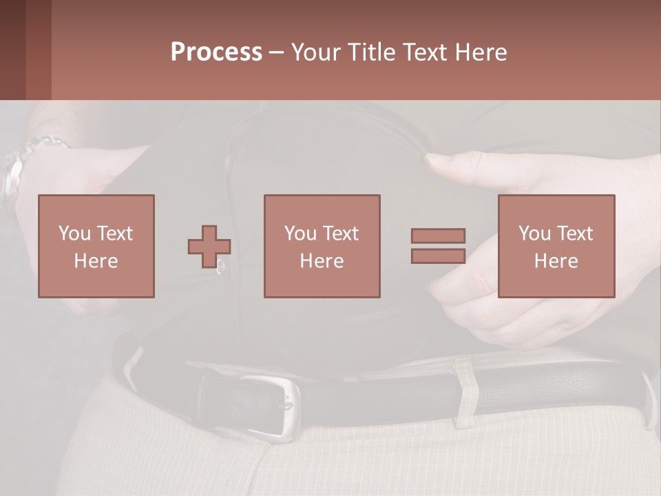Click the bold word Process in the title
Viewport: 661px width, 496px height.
point(216,52)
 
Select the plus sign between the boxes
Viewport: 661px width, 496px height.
point(209,247)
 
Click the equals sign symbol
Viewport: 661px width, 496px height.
point(438,246)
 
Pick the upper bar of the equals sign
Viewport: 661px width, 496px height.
point(438,236)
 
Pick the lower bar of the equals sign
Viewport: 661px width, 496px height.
point(438,256)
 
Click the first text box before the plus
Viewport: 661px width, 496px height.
point(96,246)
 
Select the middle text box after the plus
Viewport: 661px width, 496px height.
point(322,246)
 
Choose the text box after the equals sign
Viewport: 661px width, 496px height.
point(556,246)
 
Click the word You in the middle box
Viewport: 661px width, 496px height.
point(300,234)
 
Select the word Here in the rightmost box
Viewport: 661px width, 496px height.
point(556,260)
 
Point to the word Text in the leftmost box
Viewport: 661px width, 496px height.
point(114,234)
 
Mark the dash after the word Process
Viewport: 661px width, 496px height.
point(276,52)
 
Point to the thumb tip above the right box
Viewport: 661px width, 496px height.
point(435,161)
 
